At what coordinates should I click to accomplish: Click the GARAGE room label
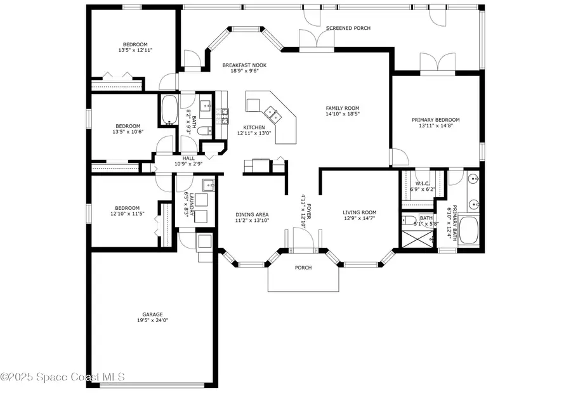pos(152,314)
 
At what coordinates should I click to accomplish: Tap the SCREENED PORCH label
pos(348,29)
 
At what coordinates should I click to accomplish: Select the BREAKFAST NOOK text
pos(244,65)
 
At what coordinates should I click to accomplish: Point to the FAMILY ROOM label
pos(343,108)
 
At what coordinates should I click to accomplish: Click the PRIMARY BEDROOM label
pos(435,120)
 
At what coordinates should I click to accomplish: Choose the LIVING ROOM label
pos(360,212)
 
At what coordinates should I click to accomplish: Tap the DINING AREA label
pos(253,214)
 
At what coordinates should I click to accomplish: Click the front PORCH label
pos(303,268)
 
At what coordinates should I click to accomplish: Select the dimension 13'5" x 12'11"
pos(135,50)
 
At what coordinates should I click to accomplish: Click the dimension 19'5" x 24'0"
pos(152,320)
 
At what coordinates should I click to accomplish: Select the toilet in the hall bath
pos(204,131)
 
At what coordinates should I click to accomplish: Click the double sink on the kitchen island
pos(273,113)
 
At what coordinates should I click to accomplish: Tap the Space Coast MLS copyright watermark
pos(63,377)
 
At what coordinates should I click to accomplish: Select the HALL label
pos(188,159)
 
